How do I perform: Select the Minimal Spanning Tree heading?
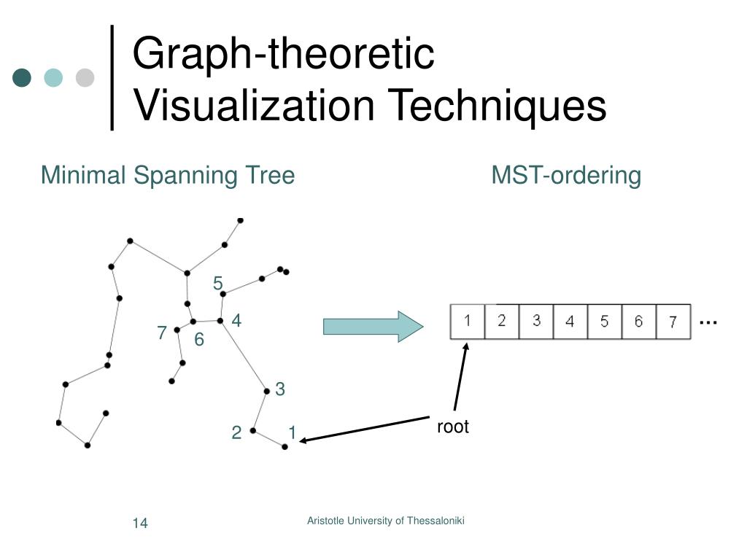coord(168,176)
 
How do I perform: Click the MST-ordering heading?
coord(566,176)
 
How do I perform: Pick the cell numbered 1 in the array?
coord(468,322)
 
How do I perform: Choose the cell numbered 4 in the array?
coord(570,322)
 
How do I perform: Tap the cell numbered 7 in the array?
coord(673,322)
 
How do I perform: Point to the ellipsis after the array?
coord(708,322)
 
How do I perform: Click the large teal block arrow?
coord(373,325)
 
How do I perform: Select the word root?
coord(453,427)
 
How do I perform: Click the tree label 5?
coord(217,283)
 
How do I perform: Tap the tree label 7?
coord(162,333)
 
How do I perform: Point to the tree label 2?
coord(236,433)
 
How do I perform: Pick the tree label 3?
coord(279,389)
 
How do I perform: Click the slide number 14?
coord(140,524)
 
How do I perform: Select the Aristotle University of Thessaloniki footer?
coord(386,521)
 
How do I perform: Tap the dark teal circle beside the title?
coord(23,77)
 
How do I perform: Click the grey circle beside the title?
coord(85,77)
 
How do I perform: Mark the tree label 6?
coord(199,340)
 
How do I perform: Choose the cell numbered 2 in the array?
coord(502,322)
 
